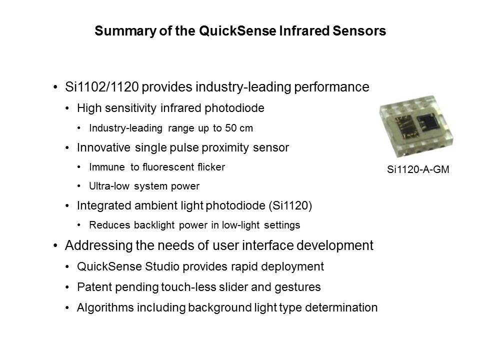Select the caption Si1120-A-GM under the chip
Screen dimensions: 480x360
point(418,169)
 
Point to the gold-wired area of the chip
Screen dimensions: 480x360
point(403,126)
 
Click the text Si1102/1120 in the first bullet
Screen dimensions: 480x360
point(102,87)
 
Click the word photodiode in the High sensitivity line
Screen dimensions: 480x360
point(234,108)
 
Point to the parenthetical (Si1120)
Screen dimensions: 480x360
point(290,205)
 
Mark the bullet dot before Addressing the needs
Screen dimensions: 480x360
point(55,245)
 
